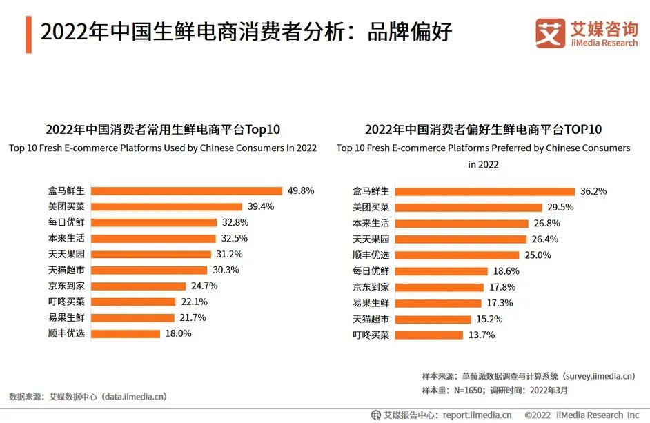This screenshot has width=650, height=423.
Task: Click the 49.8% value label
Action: (300, 191)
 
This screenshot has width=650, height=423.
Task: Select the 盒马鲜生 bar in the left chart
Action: (186, 191)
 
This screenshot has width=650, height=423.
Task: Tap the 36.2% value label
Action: (593, 191)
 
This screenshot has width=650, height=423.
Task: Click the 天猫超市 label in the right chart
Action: (371, 319)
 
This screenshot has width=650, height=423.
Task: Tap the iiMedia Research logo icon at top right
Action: (550, 33)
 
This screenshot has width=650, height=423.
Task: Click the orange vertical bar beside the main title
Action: (28, 33)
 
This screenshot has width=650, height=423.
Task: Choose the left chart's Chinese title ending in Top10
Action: (163, 130)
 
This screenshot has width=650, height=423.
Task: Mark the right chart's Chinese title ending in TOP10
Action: (483, 130)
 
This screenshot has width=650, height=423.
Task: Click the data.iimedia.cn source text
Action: (88, 397)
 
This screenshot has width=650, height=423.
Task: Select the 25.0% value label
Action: (540, 255)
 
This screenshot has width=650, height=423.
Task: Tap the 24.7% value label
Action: (204, 286)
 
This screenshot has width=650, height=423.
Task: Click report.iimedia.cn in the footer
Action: (477, 415)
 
